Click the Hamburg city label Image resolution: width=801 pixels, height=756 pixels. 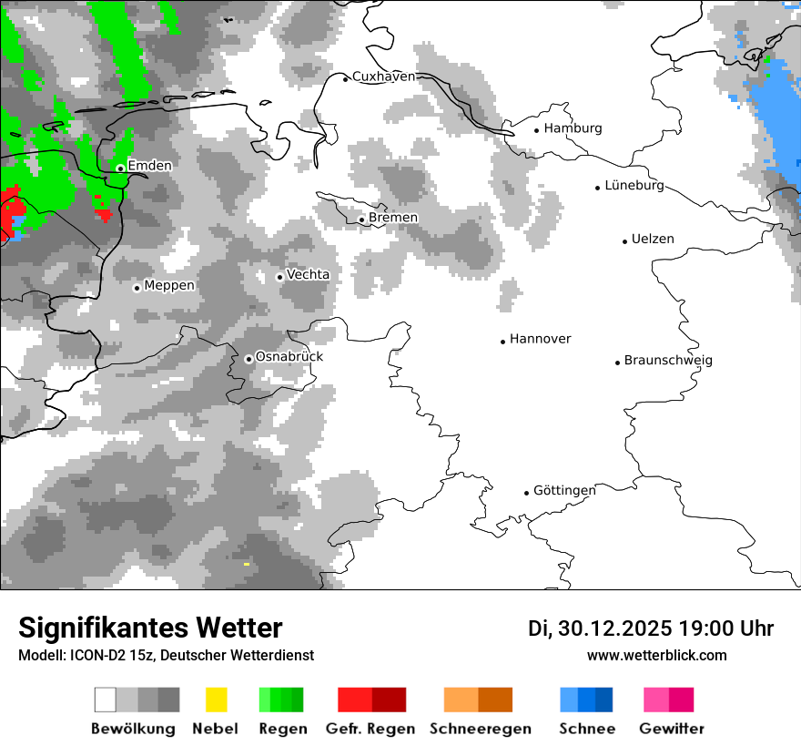573,128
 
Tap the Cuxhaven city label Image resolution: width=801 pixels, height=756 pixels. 383,77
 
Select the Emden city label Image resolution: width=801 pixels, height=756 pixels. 149,166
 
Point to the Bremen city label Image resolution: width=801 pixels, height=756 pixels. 393,218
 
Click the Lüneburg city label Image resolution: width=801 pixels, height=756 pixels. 634,186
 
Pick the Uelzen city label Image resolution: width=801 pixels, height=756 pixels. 653,239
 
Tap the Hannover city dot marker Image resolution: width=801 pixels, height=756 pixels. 502,342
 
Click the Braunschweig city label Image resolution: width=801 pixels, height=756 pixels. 668,360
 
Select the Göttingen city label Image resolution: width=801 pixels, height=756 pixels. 564,490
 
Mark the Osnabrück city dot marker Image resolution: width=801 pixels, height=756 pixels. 248,359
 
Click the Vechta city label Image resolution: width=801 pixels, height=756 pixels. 308,274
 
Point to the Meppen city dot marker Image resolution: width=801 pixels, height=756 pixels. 137,288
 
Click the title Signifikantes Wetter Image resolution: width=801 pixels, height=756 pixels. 150,628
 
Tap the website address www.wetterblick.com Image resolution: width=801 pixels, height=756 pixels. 656,655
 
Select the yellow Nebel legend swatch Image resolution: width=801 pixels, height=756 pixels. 216,700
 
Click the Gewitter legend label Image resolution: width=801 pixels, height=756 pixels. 672,729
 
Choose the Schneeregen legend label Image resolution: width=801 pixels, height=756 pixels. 481,729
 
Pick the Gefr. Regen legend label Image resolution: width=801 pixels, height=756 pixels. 370,729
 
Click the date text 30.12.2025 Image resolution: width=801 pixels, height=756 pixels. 614,628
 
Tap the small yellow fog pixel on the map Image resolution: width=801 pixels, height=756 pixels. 246,564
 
